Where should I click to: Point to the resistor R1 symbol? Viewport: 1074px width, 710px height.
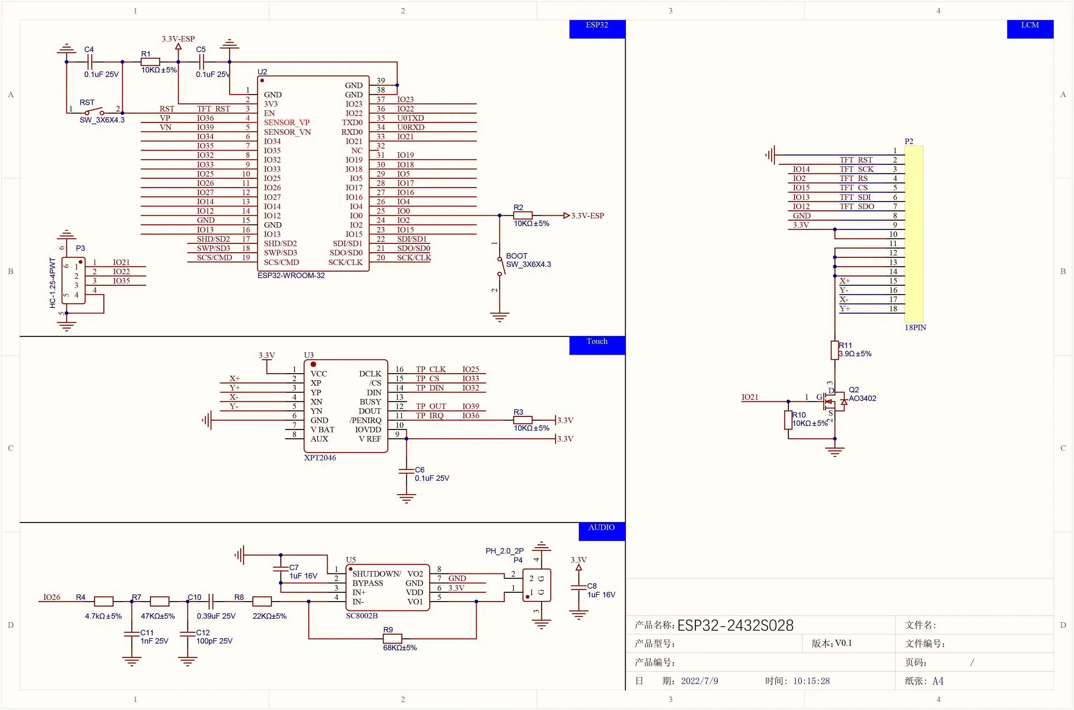pyautogui.click(x=150, y=62)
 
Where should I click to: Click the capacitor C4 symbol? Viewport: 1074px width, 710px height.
pyautogui.click(x=89, y=62)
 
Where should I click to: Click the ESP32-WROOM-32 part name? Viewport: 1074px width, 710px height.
pyautogui.click(x=291, y=275)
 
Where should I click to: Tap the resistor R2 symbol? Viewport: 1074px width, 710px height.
pyautogui.click(x=522, y=215)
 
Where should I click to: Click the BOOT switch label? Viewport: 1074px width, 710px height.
pyautogui.click(x=516, y=256)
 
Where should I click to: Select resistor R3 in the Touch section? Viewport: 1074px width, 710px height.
pyautogui.click(x=522, y=420)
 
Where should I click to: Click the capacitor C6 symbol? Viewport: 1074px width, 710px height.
pyautogui.click(x=406, y=472)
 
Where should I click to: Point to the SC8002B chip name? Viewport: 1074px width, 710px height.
pyautogui.click(x=362, y=616)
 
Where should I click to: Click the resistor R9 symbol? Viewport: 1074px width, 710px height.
pyautogui.click(x=392, y=639)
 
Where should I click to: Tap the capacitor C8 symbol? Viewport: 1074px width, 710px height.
pyautogui.click(x=578, y=588)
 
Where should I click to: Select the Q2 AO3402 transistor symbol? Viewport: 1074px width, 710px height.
pyautogui.click(x=834, y=401)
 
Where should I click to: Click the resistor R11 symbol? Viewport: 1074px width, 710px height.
pyautogui.click(x=835, y=350)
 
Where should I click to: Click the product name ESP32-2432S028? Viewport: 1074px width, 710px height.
pyautogui.click(x=735, y=625)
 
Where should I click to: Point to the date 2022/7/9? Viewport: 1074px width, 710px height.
pyautogui.click(x=699, y=681)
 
